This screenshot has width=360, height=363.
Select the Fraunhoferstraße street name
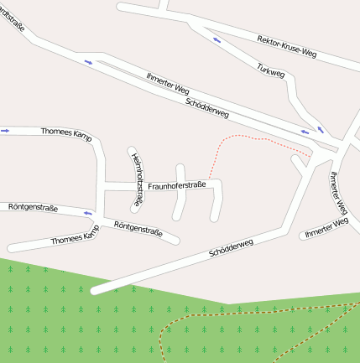(176, 185)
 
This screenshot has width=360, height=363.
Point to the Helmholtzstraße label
(136, 179)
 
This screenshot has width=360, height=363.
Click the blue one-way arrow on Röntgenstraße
(87, 214)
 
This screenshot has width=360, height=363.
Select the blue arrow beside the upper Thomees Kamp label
(5, 130)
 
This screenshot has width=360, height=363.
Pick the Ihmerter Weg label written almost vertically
(338, 193)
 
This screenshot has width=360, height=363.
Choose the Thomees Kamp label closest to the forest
(74, 237)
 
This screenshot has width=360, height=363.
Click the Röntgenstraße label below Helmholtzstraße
(137, 228)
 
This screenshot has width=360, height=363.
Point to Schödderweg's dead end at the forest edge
(95, 290)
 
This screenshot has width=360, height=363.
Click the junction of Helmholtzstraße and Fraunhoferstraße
(136, 184)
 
